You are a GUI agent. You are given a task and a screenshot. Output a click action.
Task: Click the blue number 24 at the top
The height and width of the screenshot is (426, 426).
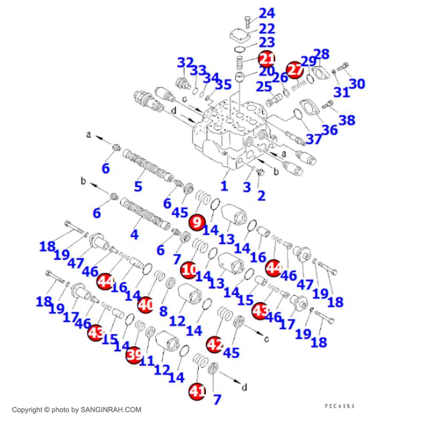pyautogui.click(x=267, y=13)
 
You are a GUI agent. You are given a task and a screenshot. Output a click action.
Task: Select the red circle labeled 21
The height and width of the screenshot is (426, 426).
pyautogui.click(x=267, y=58)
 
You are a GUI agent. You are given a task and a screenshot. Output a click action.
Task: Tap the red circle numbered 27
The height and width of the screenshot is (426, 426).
pyautogui.click(x=295, y=70)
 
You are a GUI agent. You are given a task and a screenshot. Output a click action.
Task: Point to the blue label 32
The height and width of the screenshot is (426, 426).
pyautogui.click(x=186, y=63)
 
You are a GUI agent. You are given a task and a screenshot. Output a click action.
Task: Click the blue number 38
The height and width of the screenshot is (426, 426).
pyautogui.click(x=347, y=120)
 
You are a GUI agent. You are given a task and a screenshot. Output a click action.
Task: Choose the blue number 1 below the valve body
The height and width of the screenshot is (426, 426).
pyautogui.click(x=224, y=185)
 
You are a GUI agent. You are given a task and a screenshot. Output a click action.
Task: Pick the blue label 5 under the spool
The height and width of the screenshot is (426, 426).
pyautogui.click(x=138, y=186)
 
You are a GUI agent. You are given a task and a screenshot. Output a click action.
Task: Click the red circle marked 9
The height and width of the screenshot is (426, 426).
pyautogui.click(x=197, y=222)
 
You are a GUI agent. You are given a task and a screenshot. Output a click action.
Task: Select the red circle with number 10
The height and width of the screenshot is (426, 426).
pyautogui.click(x=189, y=270)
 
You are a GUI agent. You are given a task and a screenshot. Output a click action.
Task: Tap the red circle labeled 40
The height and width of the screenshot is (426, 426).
pyautogui.click(x=146, y=305)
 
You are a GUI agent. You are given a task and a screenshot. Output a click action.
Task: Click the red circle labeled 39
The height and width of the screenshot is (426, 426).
pyautogui.click(x=135, y=354)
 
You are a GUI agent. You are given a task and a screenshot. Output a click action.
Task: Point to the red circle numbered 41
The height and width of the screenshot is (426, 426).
pyautogui.click(x=197, y=391)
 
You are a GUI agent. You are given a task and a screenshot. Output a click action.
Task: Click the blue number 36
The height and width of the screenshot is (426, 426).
pyautogui.click(x=329, y=129)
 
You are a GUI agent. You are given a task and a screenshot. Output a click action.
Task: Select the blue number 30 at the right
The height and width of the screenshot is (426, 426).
pyautogui.click(x=357, y=84)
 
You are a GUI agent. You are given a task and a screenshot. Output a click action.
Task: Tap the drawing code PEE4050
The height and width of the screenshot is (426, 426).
pyautogui.click(x=340, y=406)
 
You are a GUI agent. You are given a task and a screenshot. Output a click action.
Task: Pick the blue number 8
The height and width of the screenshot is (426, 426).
pyautogui.click(x=163, y=311)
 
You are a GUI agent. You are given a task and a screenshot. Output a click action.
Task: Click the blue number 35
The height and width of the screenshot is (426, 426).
pyautogui.click(x=223, y=84)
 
